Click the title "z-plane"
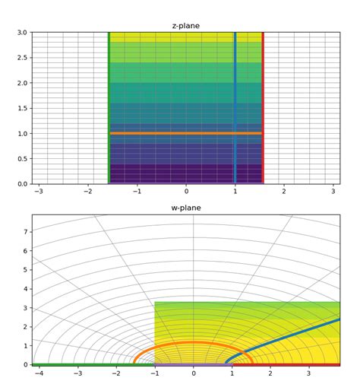point(186,26)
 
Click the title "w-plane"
point(186,208)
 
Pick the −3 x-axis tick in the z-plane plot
point(39,192)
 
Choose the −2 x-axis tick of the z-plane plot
point(88,192)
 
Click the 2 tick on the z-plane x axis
point(284,192)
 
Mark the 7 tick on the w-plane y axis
point(26,232)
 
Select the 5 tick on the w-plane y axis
point(26,270)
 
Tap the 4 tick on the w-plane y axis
point(26,289)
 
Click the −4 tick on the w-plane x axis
point(39,373)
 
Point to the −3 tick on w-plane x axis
point(78,373)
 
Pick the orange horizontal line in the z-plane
point(186,133)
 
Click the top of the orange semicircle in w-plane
point(193,342)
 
